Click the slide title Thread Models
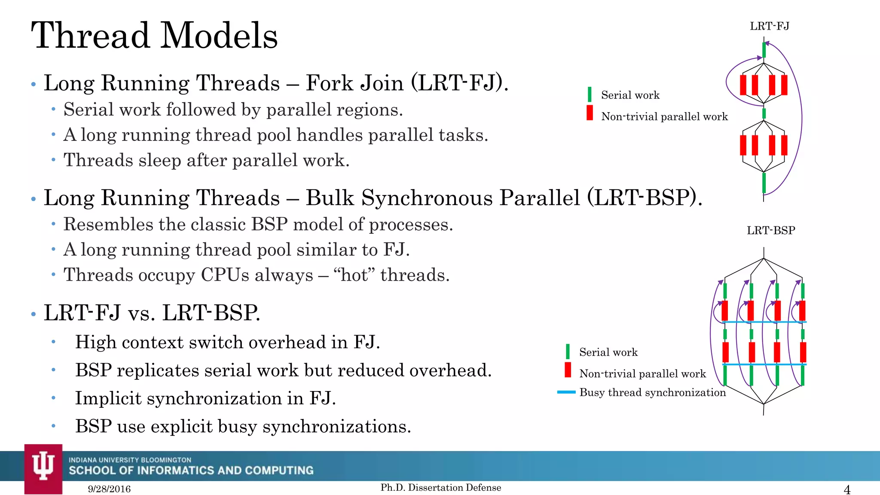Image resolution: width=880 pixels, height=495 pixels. pos(155,35)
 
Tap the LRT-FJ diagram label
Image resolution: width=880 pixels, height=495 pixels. pos(769,26)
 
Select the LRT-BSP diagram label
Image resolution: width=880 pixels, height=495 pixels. pos(771,230)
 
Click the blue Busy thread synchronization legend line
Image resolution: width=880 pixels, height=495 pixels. pos(566,392)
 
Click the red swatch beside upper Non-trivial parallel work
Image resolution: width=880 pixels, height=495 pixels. pos(590,113)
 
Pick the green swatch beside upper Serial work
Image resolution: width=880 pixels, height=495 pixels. pos(590,95)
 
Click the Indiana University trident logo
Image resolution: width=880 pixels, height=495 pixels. pos(43,466)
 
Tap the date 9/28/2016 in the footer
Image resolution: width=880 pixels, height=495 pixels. pos(109,489)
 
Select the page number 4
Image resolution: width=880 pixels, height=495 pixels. pos(847,489)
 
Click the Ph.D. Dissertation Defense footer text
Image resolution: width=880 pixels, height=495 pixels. pos(441,487)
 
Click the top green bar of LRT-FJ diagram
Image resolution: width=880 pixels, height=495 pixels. pos(764,50)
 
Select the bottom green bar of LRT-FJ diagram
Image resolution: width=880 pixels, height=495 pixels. pos(764,183)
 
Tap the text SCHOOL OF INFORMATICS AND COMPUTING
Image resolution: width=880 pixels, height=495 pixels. pos(191,471)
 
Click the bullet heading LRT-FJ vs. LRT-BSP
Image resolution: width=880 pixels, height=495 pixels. pos(152,313)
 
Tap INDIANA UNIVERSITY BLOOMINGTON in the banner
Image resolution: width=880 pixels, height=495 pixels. pos(130,460)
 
